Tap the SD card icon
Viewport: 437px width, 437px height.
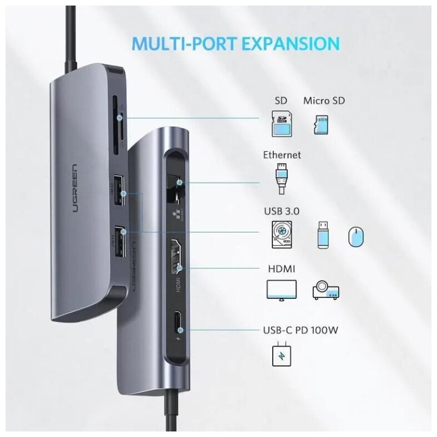(x=281, y=124)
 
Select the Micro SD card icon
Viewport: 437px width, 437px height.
(x=321, y=124)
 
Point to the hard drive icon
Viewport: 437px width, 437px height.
(x=282, y=235)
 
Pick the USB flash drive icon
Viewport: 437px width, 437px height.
(x=323, y=235)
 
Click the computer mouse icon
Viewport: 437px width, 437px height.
(x=356, y=237)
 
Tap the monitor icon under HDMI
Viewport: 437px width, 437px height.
(x=282, y=290)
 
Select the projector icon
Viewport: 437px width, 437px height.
(x=326, y=290)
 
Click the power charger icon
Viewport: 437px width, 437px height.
(x=281, y=355)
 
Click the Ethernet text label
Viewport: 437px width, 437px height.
(x=282, y=155)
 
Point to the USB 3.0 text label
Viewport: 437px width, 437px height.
(x=282, y=211)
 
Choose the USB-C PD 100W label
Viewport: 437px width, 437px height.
(x=300, y=331)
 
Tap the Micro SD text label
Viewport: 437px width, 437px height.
(x=324, y=101)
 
